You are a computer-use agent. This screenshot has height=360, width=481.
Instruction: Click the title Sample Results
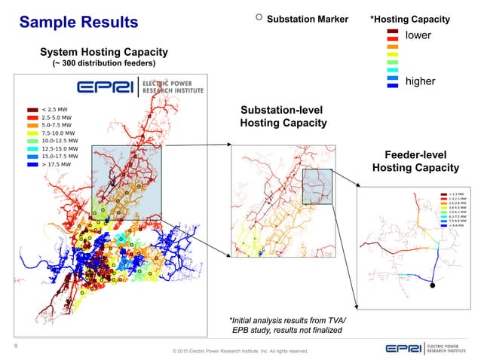(x=79, y=22)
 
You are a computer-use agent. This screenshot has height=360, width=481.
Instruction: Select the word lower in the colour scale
(x=420, y=35)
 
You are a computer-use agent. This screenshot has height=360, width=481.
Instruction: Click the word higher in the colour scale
(x=421, y=81)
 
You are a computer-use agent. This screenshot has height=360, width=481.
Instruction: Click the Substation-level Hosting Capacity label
(x=283, y=116)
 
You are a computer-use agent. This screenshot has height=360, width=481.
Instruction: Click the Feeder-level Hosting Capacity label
(x=415, y=160)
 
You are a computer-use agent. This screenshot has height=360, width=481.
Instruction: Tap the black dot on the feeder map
(x=432, y=286)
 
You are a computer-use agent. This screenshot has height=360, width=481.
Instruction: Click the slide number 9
(x=17, y=346)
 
